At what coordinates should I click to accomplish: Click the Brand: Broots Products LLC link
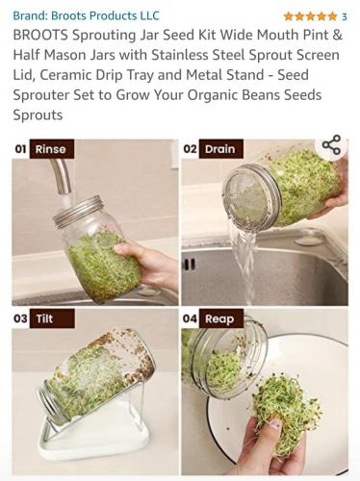[86, 15]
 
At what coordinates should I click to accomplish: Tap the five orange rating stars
[310, 16]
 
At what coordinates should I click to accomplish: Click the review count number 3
[344, 16]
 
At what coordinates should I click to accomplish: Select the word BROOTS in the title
[40, 35]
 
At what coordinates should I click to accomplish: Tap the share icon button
[331, 145]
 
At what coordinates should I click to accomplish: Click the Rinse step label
[51, 149]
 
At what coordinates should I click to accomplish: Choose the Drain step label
[220, 149]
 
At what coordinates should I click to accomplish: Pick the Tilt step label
[52, 318]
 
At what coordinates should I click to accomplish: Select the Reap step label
[220, 318]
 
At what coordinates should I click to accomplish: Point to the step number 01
[20, 149]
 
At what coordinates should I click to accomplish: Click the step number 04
[190, 318]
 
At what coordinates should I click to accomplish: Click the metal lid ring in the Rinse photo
[79, 211]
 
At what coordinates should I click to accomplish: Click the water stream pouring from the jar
[245, 263]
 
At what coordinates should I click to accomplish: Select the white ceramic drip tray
[93, 438]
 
